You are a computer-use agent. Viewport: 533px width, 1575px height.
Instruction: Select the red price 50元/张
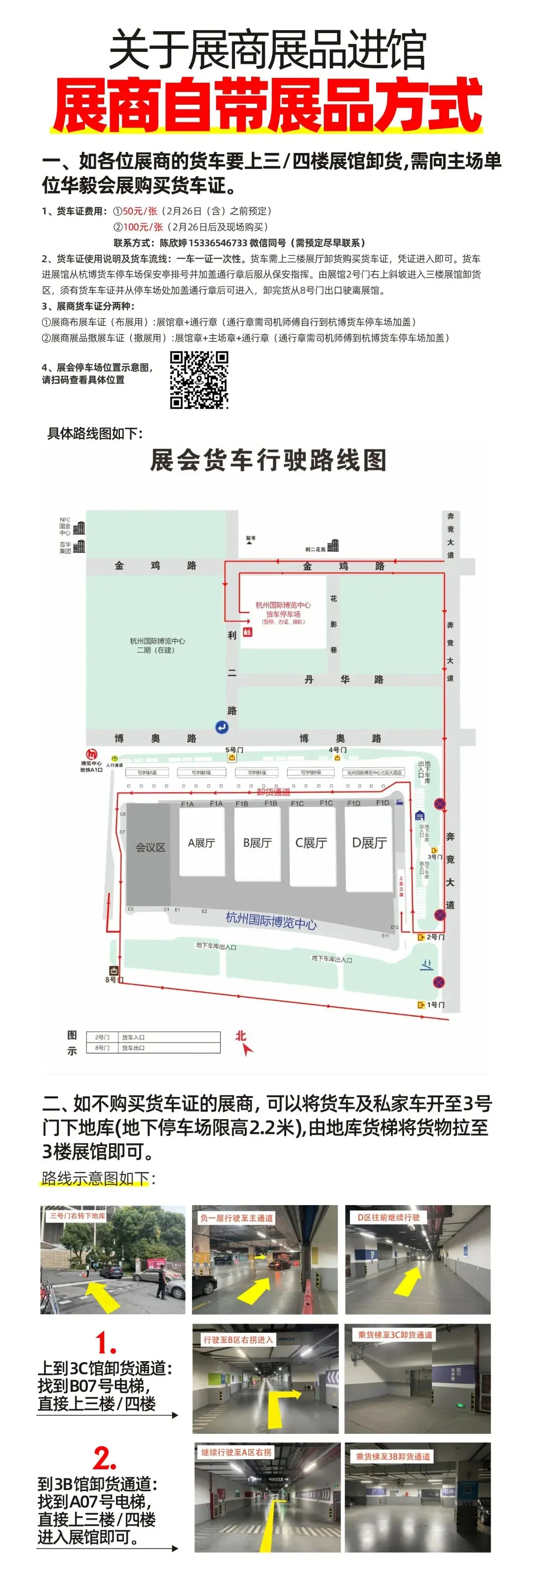coord(140,211)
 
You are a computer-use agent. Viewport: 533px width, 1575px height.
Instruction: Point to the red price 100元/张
coord(143,227)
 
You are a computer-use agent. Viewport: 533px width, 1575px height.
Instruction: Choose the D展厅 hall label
coord(369,843)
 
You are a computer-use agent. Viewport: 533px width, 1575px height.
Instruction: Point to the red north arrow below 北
coord(247,1049)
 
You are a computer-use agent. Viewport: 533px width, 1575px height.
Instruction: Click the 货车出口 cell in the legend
coord(133,1048)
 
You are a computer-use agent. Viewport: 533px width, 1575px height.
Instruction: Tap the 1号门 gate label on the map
coord(435,1005)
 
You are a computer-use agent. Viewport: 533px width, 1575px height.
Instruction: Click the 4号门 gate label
coord(338,749)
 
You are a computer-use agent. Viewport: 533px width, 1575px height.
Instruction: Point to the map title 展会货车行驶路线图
coord(268,460)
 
